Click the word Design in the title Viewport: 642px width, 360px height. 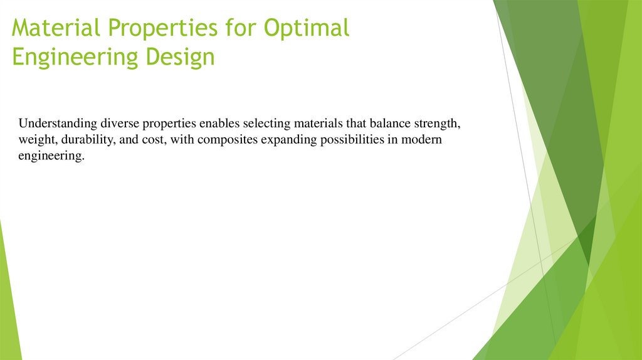coord(181,58)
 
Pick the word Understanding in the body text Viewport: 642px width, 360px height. coord(58,123)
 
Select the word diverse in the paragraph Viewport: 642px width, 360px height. coord(120,123)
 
